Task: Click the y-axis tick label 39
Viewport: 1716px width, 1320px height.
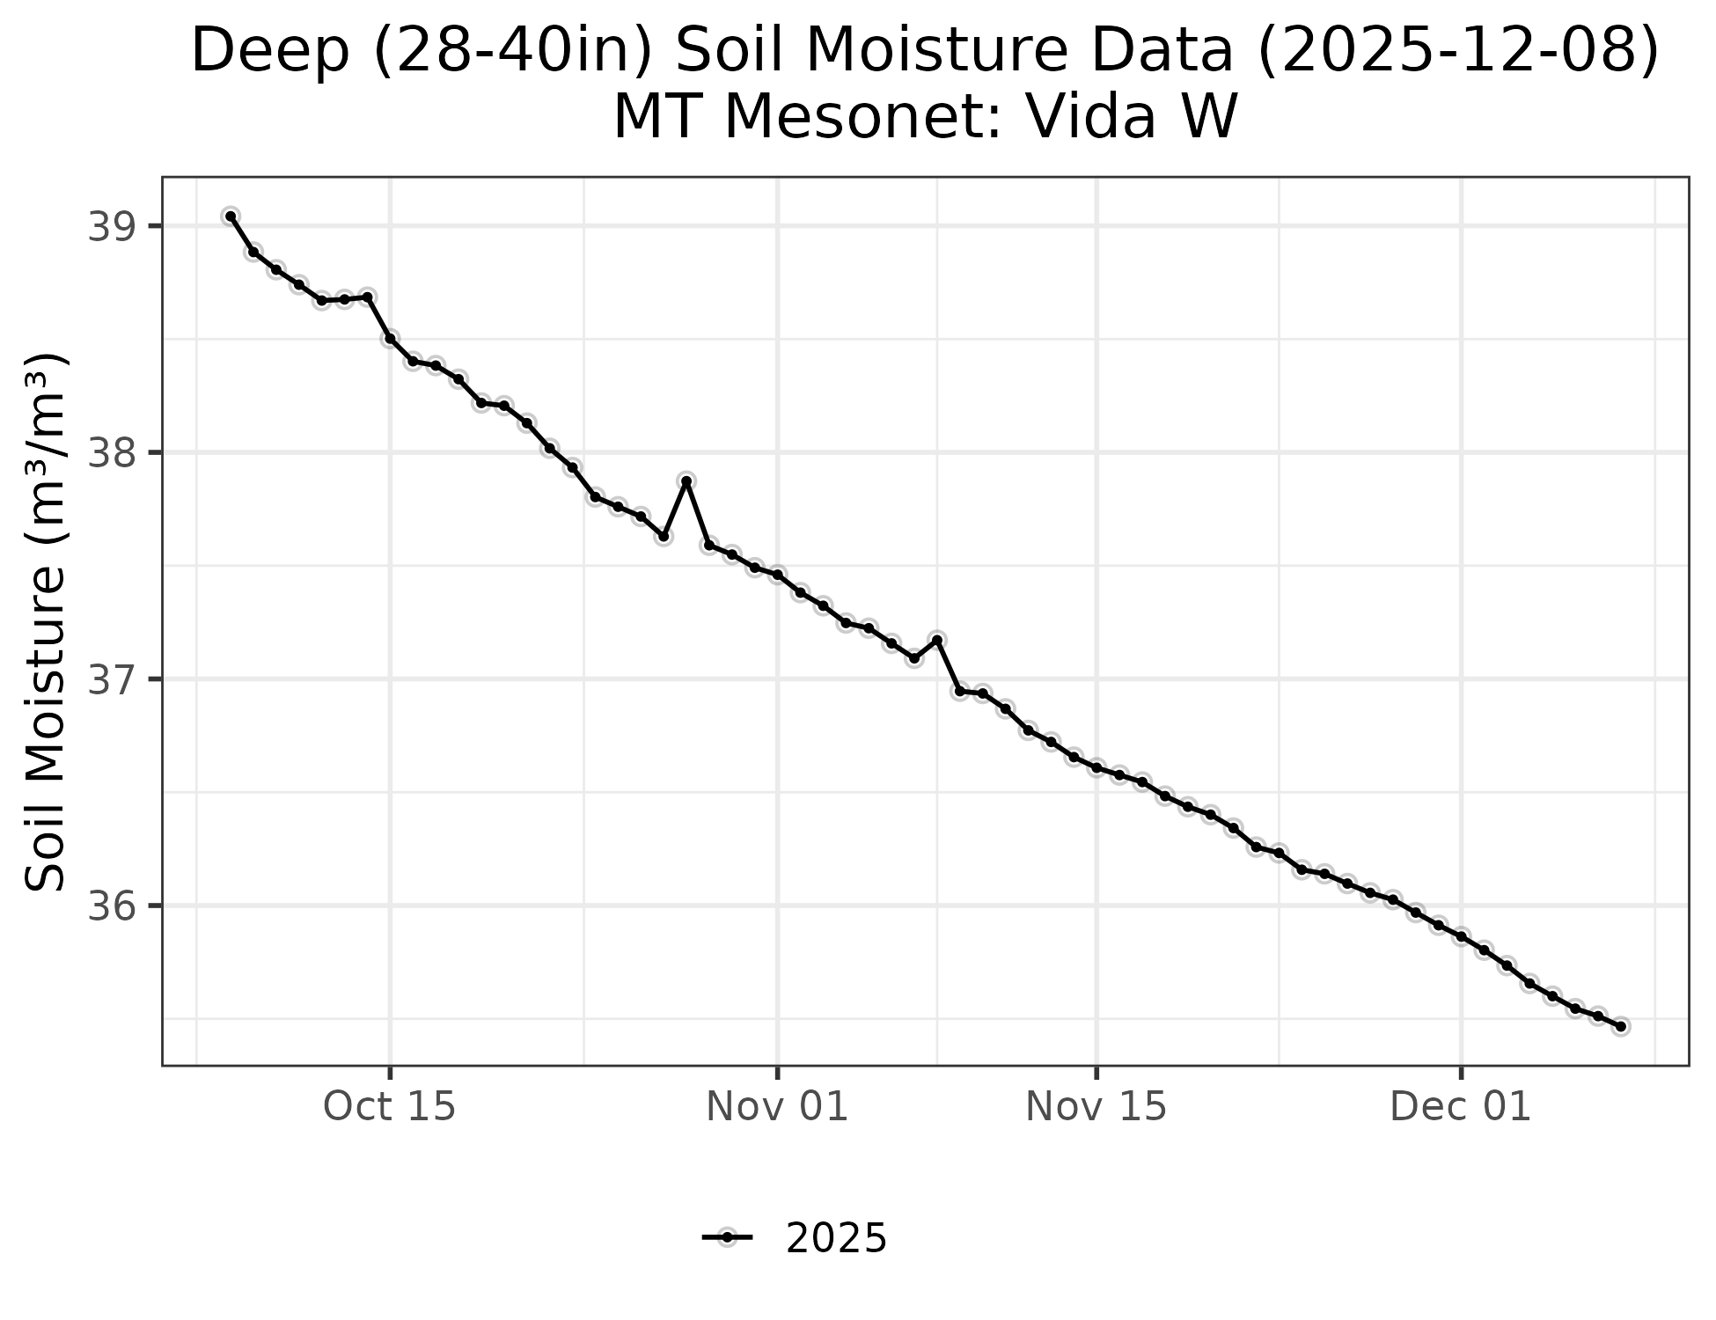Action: pyautogui.click(x=106, y=227)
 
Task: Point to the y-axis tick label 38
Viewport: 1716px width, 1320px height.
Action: pyautogui.click(x=106, y=453)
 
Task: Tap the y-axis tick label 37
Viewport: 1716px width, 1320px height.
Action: pyautogui.click(x=106, y=679)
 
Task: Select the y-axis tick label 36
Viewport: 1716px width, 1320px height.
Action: pyautogui.click(x=106, y=906)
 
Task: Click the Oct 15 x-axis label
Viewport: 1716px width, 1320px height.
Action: pyautogui.click(x=390, y=1107)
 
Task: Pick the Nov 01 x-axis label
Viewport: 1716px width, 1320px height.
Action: pyautogui.click(x=777, y=1107)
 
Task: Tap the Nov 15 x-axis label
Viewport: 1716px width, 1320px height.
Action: pyautogui.click(x=1096, y=1107)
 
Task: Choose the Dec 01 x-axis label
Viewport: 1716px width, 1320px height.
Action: pyautogui.click(x=1461, y=1107)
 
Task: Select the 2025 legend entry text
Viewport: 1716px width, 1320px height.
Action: pyautogui.click(x=836, y=1239)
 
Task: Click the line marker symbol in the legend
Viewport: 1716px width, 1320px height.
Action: pyautogui.click(x=727, y=1238)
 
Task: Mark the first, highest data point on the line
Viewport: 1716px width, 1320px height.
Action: pyautogui.click(x=231, y=216)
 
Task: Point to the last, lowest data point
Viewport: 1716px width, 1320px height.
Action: pyautogui.click(x=1620, y=1026)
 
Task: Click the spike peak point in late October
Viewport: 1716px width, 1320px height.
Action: pyautogui.click(x=686, y=480)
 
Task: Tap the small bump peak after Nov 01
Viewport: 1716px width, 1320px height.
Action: pyautogui.click(x=937, y=640)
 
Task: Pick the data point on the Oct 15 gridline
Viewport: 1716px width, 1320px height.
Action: pyautogui.click(x=390, y=339)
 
